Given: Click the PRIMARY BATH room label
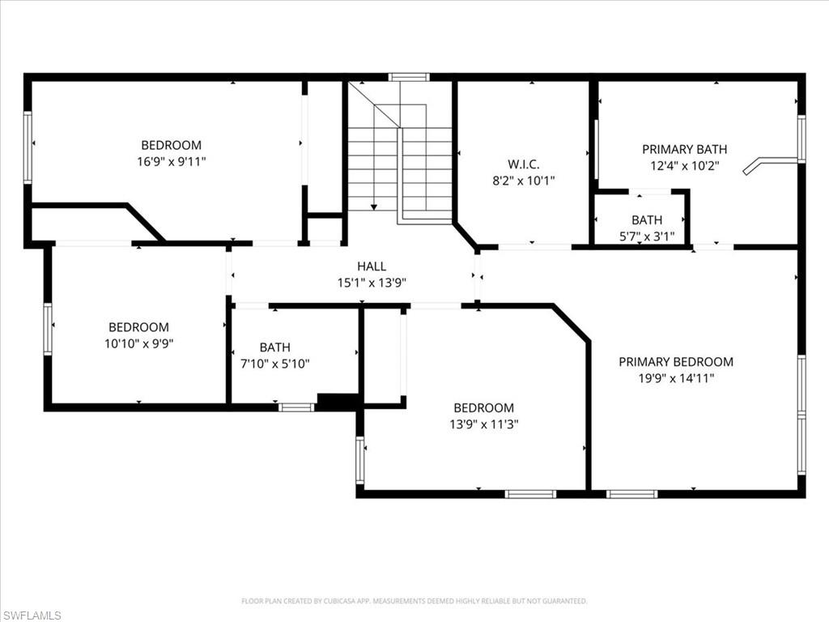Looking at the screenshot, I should coord(684,149).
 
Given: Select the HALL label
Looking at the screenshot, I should coord(372,266).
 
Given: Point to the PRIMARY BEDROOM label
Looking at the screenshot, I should coord(676,362).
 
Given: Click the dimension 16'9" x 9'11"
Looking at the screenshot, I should coord(171,161).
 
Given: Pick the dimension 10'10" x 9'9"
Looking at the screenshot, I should coord(138,343).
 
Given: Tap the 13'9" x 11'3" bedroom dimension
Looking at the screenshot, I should coord(483,424).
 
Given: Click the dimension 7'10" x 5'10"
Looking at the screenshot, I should coord(274,364).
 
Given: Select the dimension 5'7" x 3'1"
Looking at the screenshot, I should coord(646,236).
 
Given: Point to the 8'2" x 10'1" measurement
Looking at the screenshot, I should coord(524,181).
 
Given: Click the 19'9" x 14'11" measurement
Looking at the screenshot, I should coord(676,377).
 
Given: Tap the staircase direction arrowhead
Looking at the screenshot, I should coord(373,207).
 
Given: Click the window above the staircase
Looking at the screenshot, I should coord(409,77).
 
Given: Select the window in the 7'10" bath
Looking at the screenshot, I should coord(296,407).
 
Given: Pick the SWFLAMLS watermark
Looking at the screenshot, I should coord(32,616).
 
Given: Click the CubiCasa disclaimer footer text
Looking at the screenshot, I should coord(414,601).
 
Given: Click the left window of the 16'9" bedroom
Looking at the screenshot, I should coord(28,147).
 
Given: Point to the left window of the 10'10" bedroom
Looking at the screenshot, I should coord(48,329).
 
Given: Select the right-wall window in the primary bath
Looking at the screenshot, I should coord(801,138).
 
